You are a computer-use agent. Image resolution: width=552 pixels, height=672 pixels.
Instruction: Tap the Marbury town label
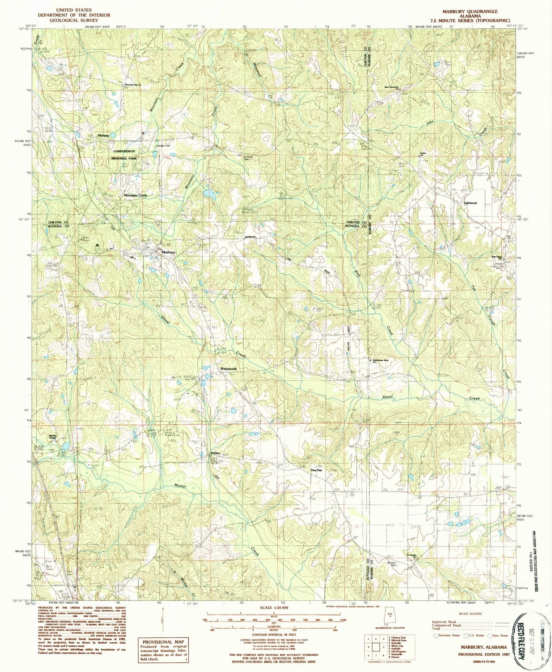click(x=168, y=253)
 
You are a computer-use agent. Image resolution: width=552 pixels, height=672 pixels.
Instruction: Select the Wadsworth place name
click(x=228, y=369)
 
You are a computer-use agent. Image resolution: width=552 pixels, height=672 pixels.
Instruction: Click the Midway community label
click(x=104, y=135)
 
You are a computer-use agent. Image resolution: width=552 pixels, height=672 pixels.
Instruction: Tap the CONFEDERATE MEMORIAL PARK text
click(x=125, y=155)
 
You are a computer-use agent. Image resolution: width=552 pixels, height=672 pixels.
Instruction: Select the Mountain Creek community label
click(x=135, y=195)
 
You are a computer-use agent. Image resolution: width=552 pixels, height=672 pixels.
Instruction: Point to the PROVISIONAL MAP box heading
click(x=162, y=642)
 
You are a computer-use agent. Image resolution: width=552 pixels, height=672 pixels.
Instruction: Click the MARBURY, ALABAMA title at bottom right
click(x=484, y=647)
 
